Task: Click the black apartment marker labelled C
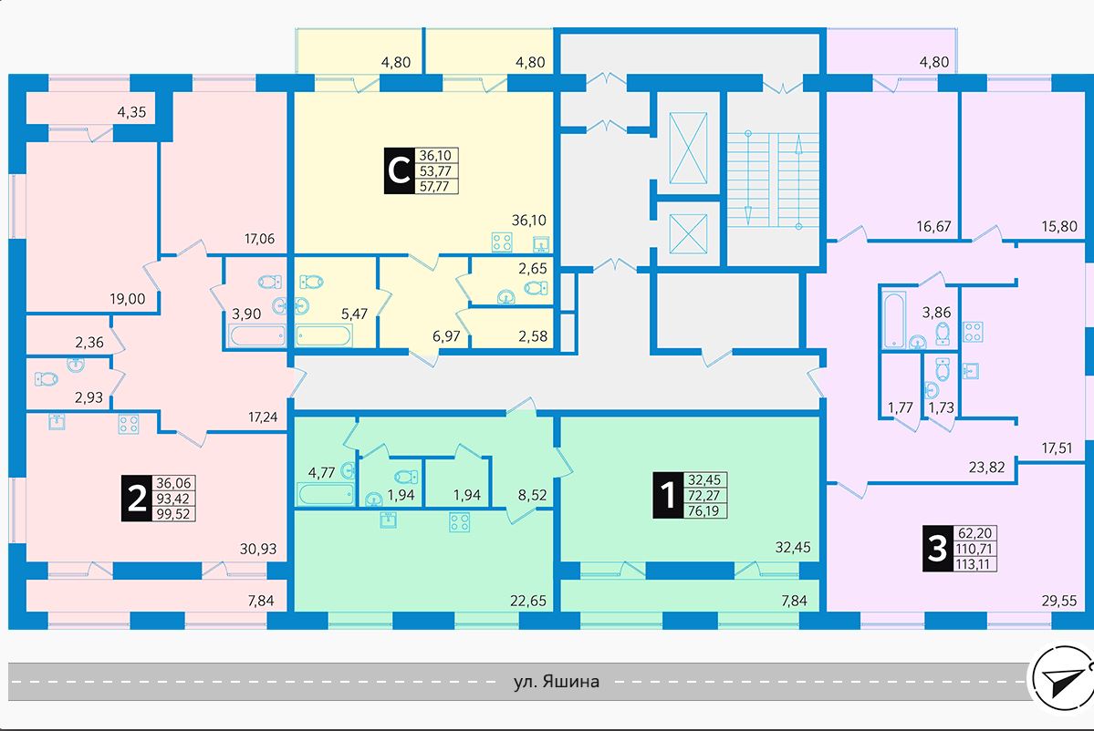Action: coord(399,170)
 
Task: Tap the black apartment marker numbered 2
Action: coord(137,498)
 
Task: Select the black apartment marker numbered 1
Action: coord(669,495)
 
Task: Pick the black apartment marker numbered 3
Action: coord(938,548)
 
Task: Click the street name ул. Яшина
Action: coord(556,681)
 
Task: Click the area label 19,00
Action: coord(127,299)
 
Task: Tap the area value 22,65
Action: coord(528,600)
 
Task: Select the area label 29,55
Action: coord(1059,600)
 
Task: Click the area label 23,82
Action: coord(986,467)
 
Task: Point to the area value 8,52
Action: coord(532,496)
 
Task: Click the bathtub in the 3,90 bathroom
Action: coord(257,336)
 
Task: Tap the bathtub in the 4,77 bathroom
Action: coord(326,494)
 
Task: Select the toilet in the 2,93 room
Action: coord(46,379)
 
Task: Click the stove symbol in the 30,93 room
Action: coord(129,424)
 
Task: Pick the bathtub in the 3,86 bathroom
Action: coord(894,320)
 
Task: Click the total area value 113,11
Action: coord(975,564)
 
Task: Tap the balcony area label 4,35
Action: coord(132,111)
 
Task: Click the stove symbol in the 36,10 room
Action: coord(503,242)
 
